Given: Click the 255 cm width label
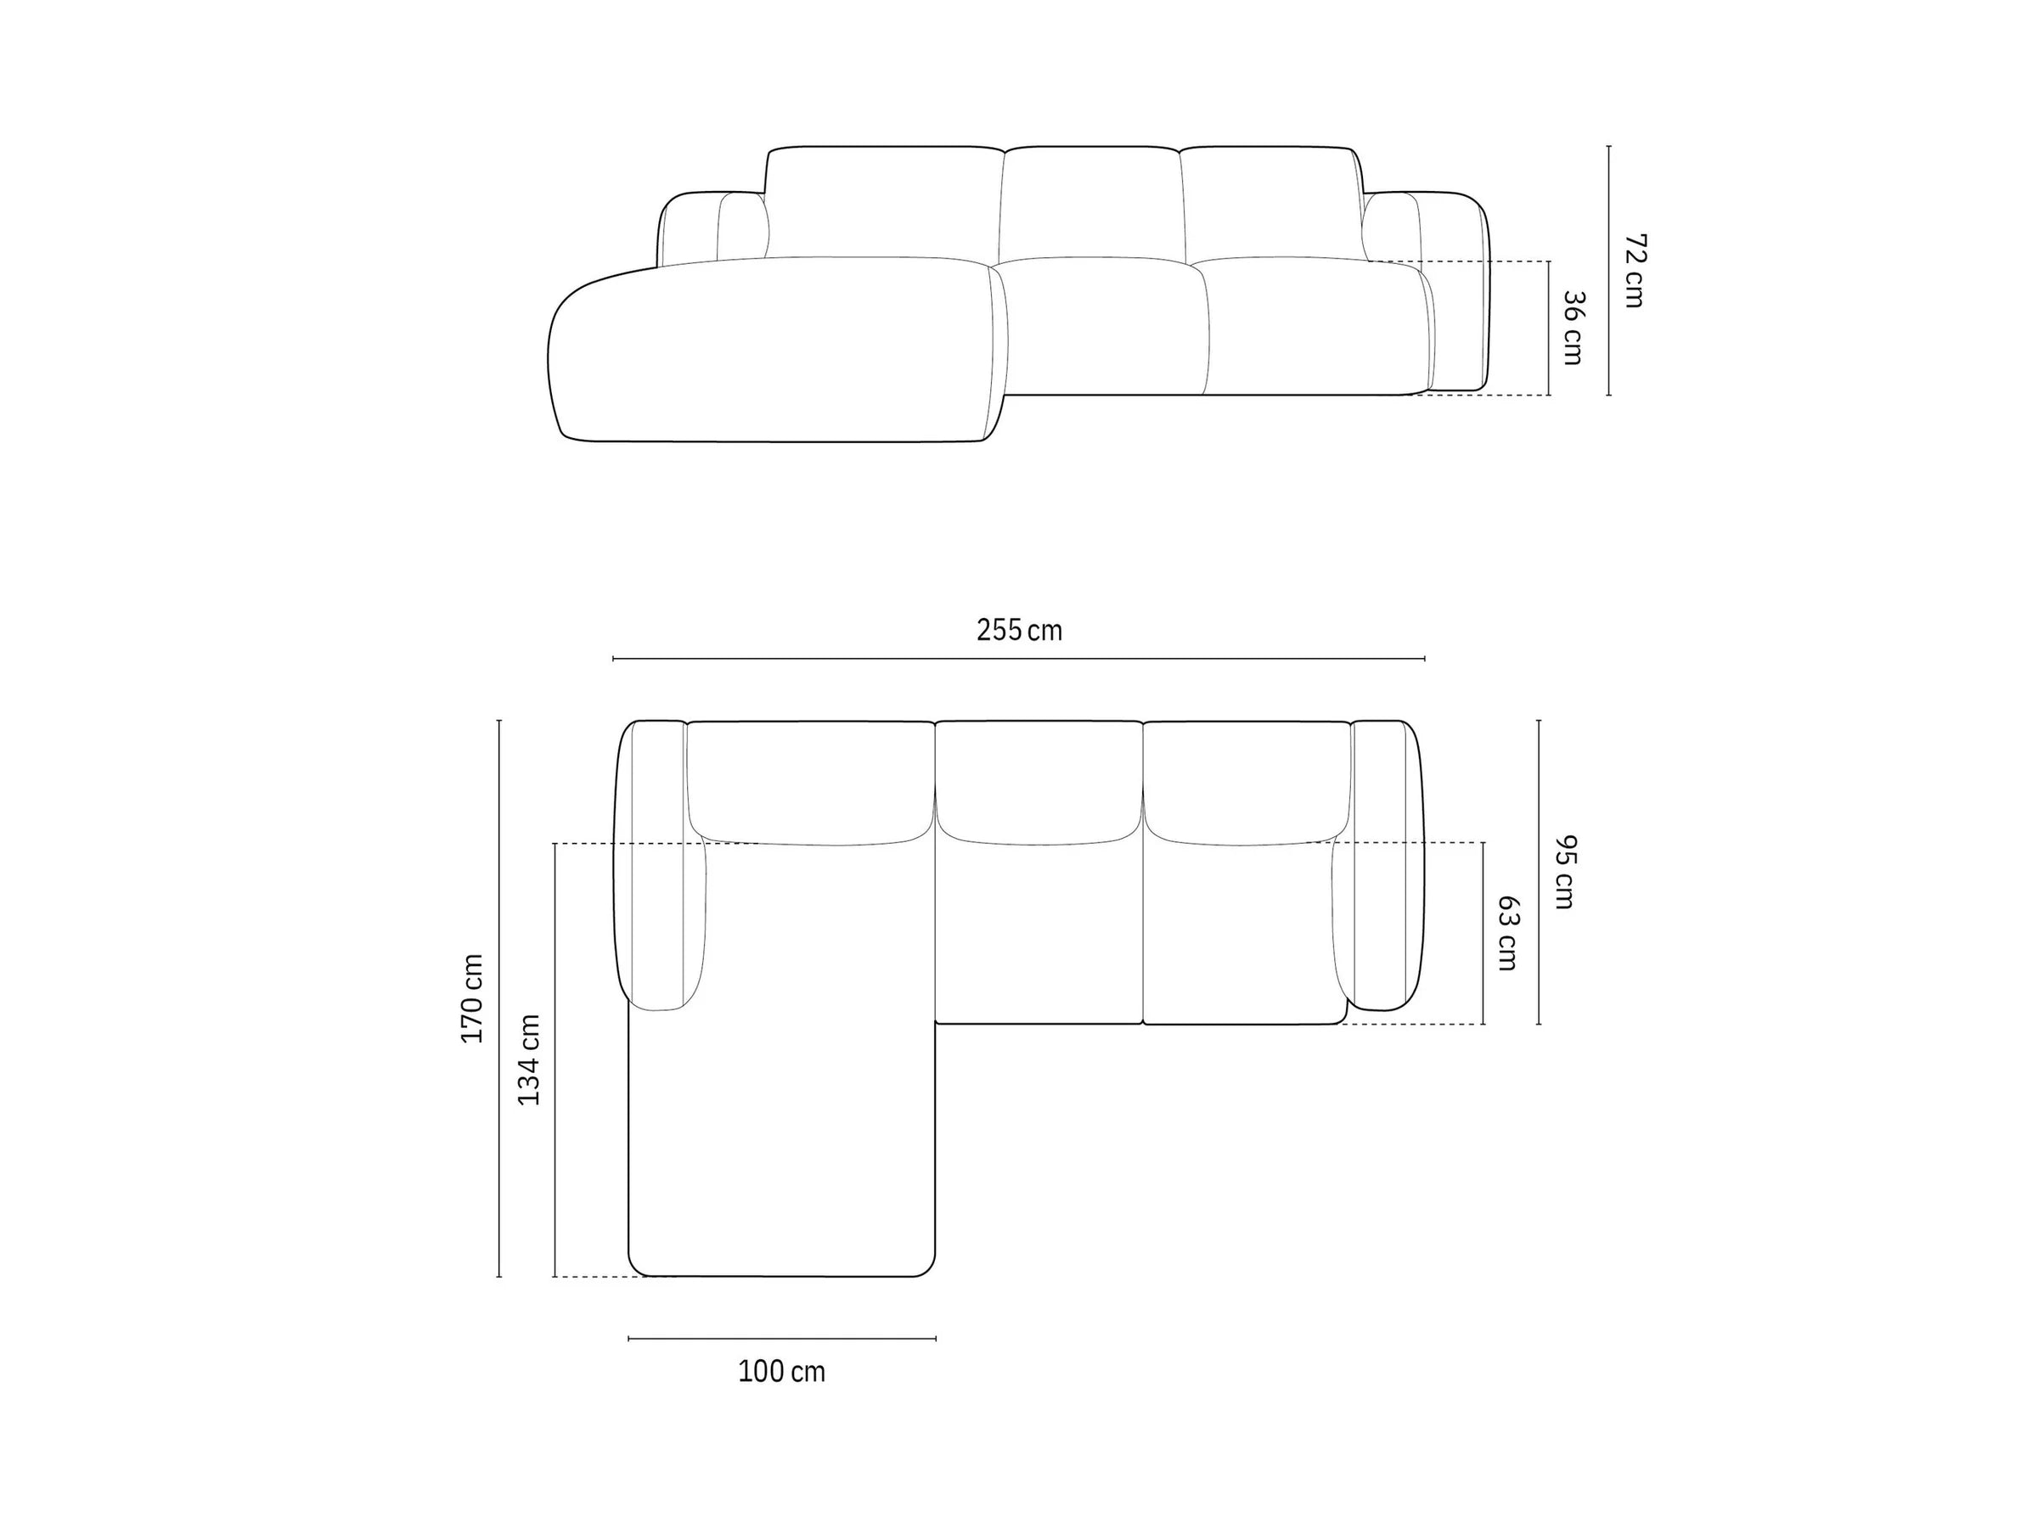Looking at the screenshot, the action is (1019, 631).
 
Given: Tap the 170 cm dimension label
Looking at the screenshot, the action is (473, 998).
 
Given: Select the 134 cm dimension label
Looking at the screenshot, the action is (529, 1060).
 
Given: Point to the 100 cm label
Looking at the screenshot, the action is (781, 1372).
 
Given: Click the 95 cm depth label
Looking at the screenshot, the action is (1563, 871).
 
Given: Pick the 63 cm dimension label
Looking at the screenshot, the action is (1507, 933).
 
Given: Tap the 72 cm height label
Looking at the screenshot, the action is (1635, 271).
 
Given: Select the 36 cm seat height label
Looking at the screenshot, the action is (1573, 328).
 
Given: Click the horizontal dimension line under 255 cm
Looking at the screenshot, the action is (1019, 659).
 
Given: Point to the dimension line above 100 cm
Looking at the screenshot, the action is (782, 1338).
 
